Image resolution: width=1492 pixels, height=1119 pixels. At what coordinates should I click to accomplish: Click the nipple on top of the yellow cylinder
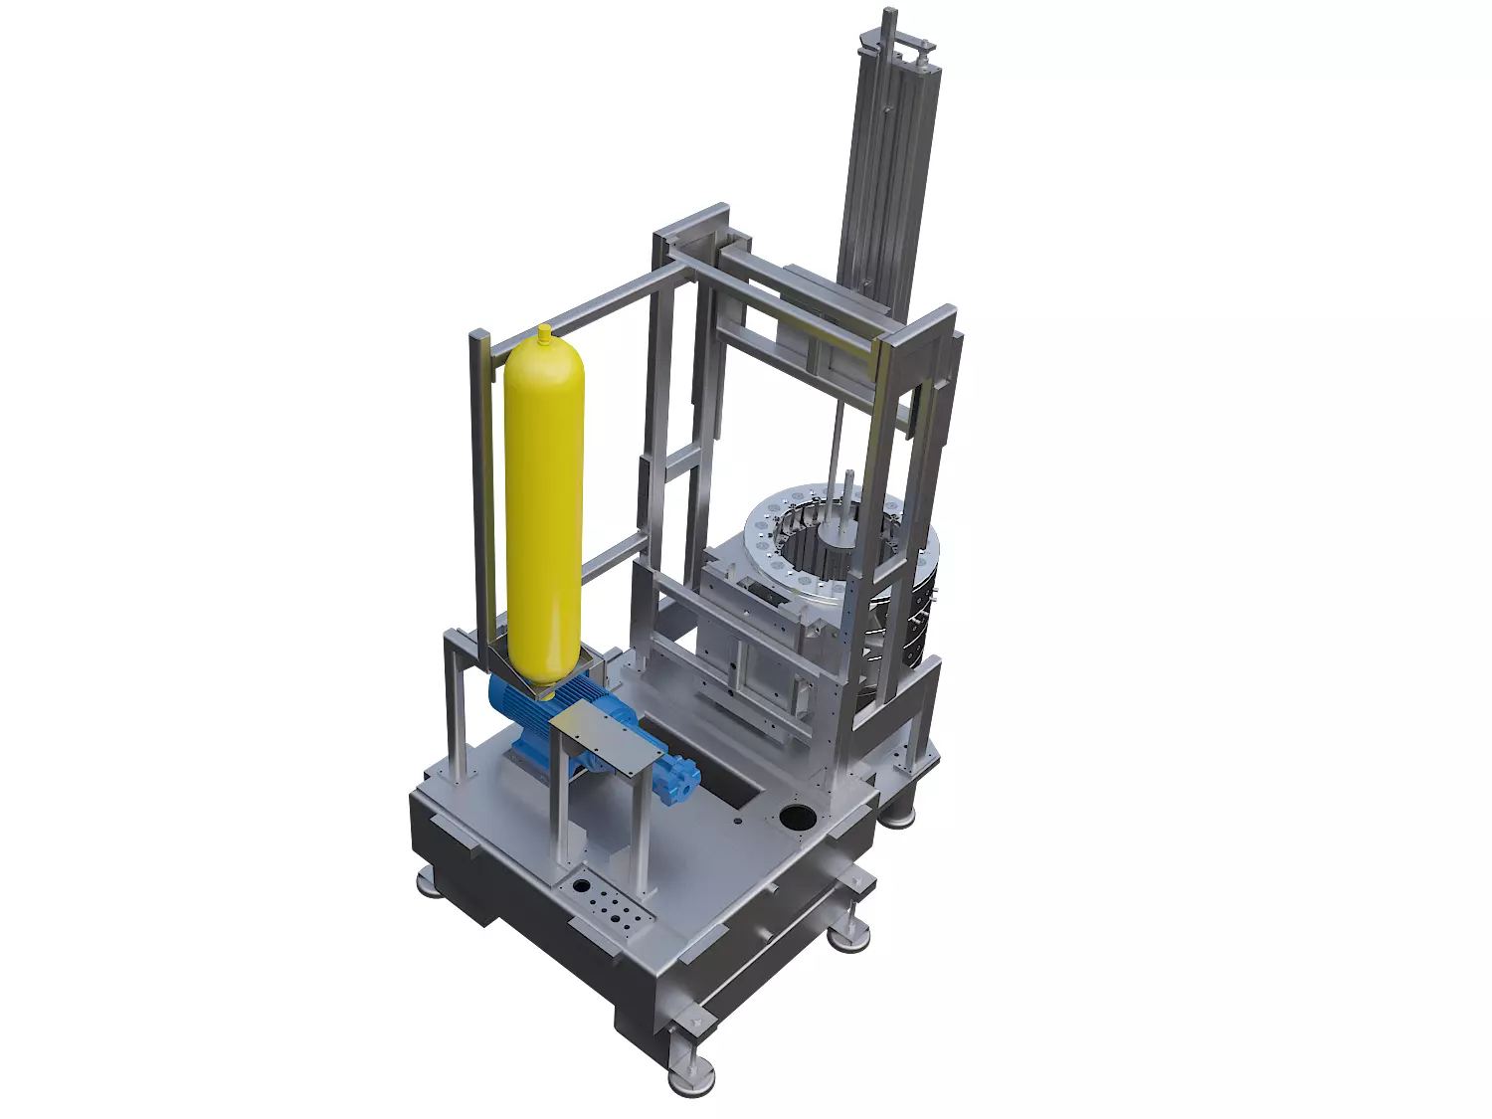(543, 330)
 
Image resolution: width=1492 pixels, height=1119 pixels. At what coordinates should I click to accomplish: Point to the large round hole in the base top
(797, 818)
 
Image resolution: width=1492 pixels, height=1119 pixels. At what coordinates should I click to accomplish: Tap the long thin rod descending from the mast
(836, 438)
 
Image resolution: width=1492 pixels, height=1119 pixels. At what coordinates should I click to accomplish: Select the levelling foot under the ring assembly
(900, 814)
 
